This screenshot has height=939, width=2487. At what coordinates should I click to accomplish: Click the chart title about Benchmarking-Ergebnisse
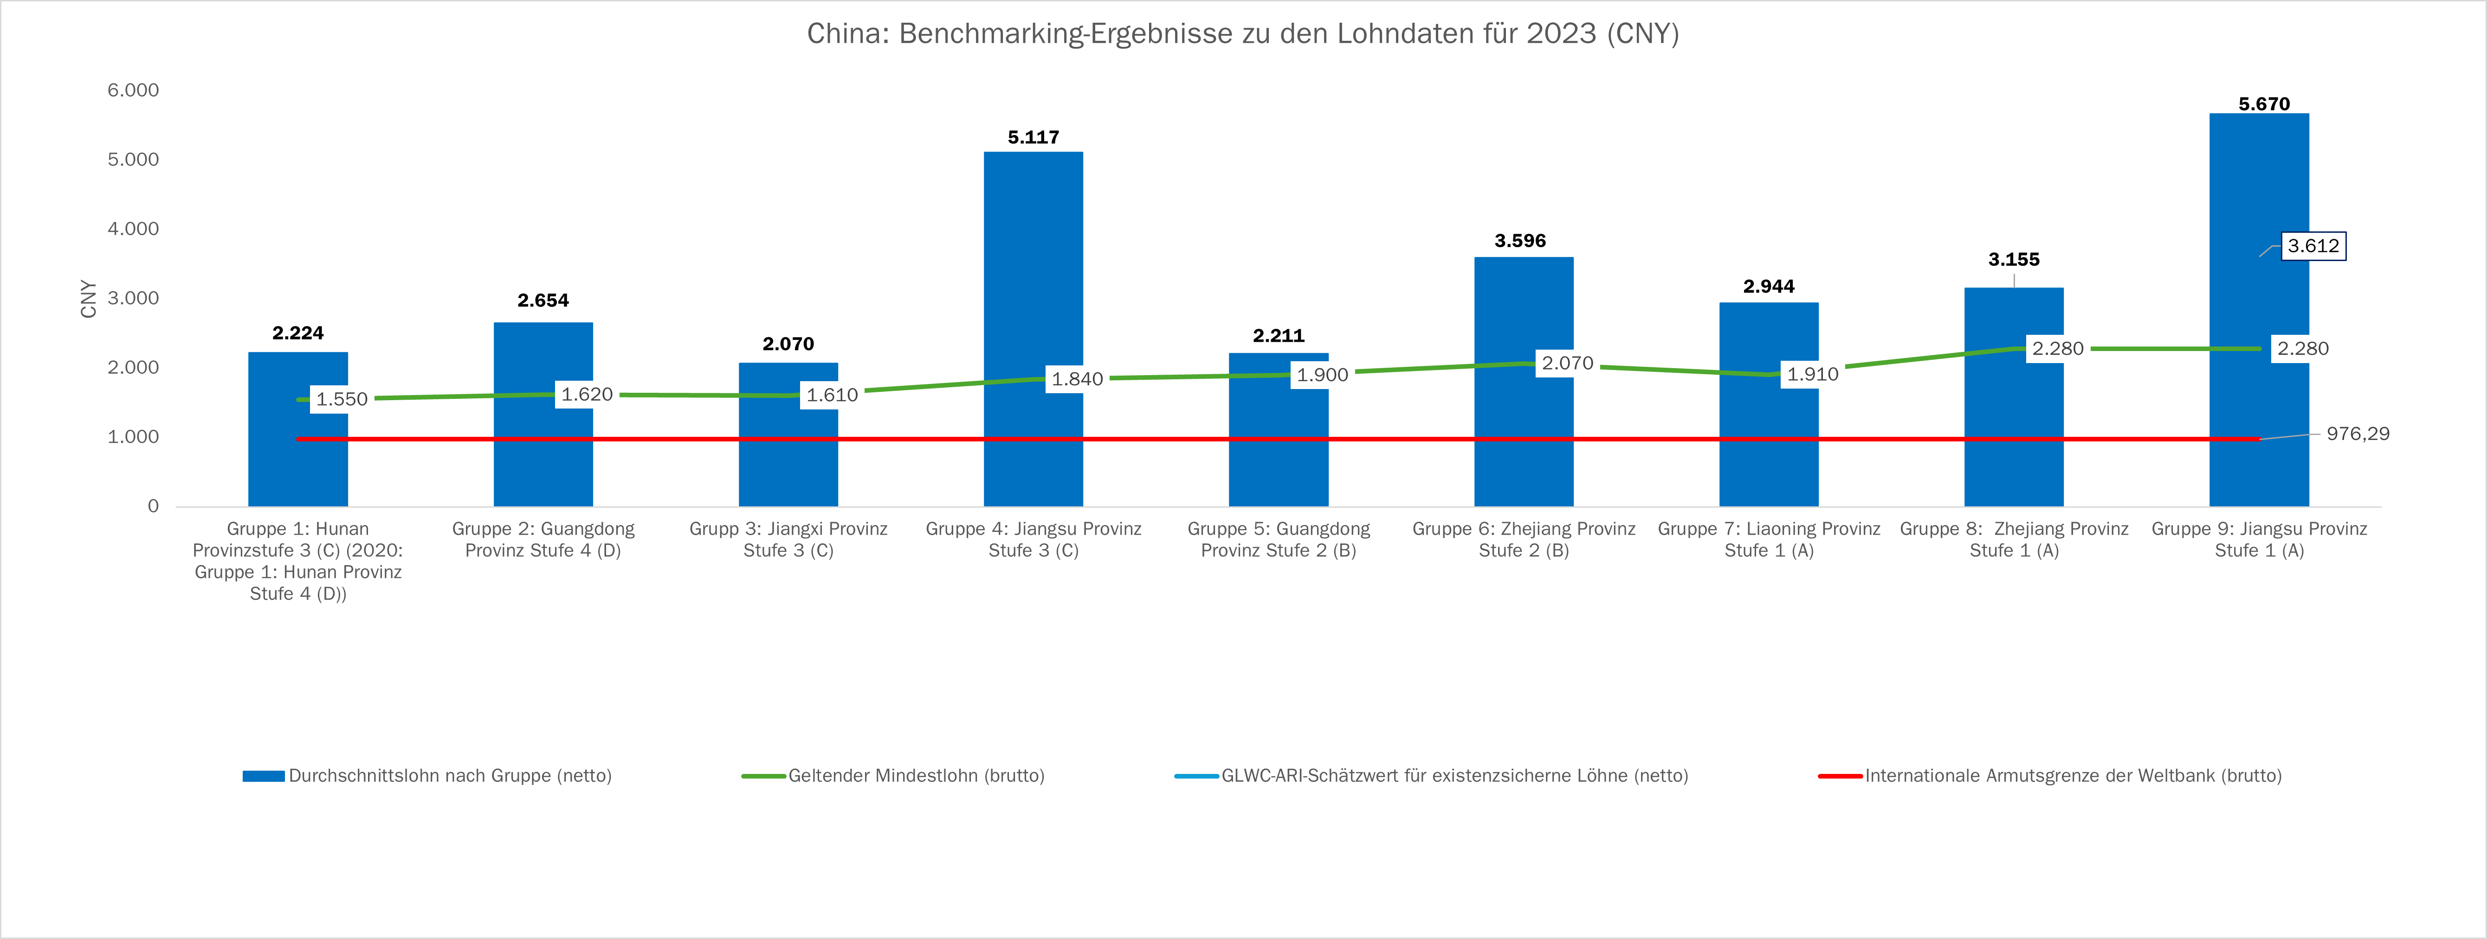point(1242,34)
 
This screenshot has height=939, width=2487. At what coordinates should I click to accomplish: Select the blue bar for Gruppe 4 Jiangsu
point(1033,289)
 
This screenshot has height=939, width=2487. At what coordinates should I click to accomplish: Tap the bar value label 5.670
point(2264,103)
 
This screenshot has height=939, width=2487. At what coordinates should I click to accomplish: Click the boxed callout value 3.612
point(2313,246)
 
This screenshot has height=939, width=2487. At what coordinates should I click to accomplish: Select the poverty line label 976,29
point(2358,433)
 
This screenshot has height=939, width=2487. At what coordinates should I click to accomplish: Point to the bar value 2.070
point(788,344)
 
